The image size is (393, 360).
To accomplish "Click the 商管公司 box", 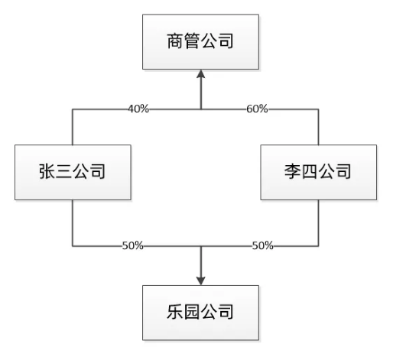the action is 200,42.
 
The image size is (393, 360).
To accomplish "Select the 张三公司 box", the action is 73,172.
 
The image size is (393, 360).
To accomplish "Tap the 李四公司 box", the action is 319,172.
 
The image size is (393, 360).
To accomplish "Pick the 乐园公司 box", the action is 200,313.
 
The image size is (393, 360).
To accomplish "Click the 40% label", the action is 138,109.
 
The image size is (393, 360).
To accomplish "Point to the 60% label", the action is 257,109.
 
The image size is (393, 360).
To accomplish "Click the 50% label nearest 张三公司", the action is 133,245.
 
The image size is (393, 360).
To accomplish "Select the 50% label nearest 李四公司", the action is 262,245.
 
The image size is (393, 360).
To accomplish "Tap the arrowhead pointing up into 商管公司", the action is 201,73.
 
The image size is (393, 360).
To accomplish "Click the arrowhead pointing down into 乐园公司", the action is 201,281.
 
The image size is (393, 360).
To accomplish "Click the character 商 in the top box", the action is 175,41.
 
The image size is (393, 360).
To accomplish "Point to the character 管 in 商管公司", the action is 192,41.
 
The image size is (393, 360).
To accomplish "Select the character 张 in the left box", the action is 47,171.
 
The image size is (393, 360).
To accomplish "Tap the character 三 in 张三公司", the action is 63,171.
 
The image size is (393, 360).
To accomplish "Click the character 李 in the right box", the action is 293,171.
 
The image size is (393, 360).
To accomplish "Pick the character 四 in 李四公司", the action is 310,171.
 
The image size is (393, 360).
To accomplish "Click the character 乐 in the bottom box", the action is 175,312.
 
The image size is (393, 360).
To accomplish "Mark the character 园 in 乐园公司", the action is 192,312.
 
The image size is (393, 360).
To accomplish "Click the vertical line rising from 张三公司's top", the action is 73,127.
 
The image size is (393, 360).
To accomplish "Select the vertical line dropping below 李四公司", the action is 319,223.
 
